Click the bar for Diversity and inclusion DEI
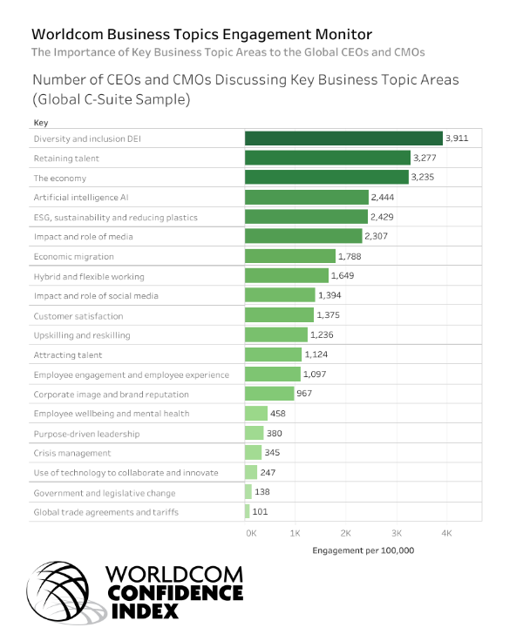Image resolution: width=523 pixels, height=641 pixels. (x=343, y=138)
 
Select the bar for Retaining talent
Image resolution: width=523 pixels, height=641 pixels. (x=327, y=159)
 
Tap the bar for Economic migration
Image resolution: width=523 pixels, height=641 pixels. (x=289, y=256)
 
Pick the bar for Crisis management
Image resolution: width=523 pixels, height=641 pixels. (x=253, y=453)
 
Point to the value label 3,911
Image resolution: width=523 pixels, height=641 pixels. (x=457, y=138)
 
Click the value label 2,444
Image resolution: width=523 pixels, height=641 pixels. (x=382, y=198)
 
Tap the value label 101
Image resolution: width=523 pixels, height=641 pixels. (x=260, y=512)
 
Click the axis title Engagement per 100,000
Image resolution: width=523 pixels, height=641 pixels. (x=363, y=550)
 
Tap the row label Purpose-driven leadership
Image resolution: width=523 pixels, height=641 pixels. (x=85, y=434)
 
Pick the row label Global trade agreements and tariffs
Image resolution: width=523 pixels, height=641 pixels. (x=105, y=512)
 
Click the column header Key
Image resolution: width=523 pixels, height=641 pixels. (x=40, y=123)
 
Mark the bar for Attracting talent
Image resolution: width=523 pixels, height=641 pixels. (x=273, y=354)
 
